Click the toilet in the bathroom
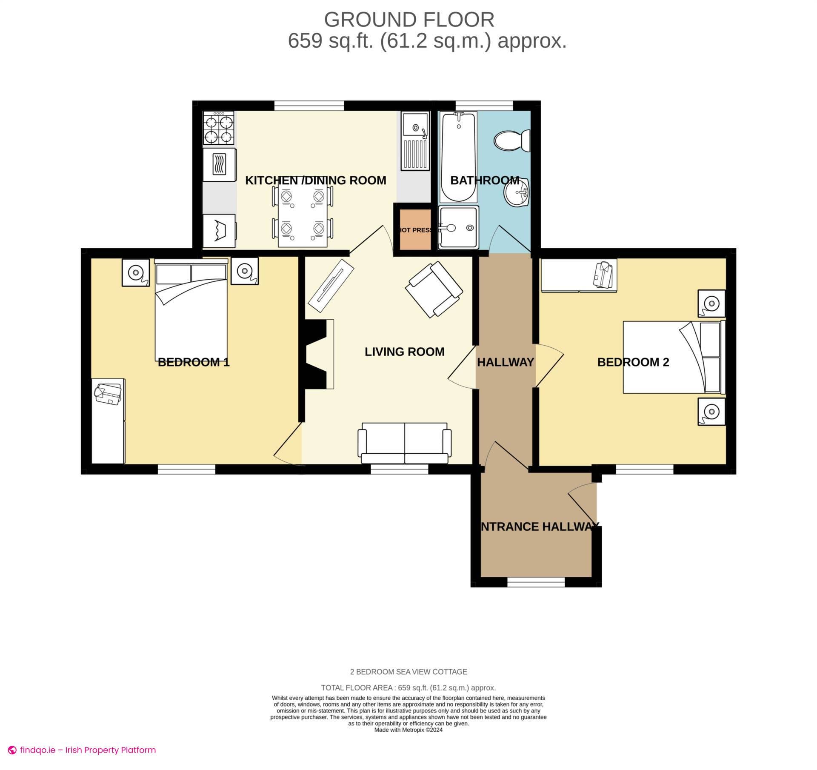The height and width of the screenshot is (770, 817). click(x=512, y=140)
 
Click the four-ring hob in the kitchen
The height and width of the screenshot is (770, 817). click(x=219, y=128)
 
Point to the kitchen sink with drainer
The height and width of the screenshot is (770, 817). click(x=415, y=140)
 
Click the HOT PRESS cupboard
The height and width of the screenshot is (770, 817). click(x=415, y=230)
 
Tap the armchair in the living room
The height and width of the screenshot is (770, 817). click(x=434, y=289)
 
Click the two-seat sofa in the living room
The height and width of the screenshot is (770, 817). click(x=404, y=444)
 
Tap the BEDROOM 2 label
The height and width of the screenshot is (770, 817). click(x=633, y=362)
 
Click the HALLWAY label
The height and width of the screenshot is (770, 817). click(x=505, y=362)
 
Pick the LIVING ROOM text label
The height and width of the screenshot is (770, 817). click(x=404, y=352)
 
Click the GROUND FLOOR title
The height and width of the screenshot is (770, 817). click(x=409, y=20)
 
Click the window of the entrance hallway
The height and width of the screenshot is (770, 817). click(x=536, y=581)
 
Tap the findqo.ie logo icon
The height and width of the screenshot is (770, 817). click(x=12, y=750)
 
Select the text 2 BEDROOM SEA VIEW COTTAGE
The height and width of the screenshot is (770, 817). click(x=408, y=672)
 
